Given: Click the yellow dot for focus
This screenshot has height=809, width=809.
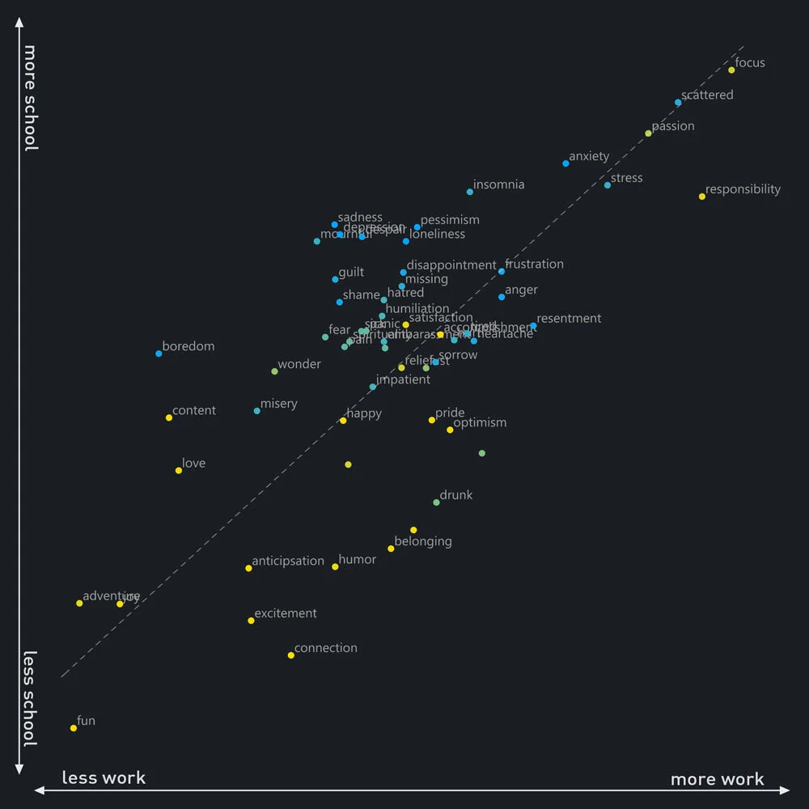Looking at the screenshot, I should (731, 70).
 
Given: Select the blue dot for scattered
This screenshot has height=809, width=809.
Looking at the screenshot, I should (678, 103).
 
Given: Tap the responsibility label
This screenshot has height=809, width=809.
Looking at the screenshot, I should (743, 189).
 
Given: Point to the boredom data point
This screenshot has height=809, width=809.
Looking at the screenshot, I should (159, 354).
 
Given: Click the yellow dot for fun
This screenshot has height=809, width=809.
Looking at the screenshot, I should (74, 728).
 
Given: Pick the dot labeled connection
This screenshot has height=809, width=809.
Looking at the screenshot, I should (291, 655).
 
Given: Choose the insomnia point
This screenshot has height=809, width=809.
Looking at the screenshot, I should (470, 192).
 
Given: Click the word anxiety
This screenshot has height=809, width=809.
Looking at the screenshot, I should (589, 156).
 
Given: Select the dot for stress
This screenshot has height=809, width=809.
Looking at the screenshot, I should (608, 185).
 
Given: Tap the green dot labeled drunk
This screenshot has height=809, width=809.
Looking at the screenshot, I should (436, 502).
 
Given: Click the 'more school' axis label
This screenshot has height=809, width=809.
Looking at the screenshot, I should (30, 98).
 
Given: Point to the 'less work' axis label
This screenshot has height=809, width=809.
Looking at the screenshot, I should (104, 778).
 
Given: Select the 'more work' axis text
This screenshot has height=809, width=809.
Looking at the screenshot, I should (717, 779).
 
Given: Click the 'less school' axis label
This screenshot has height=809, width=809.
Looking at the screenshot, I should (30, 699).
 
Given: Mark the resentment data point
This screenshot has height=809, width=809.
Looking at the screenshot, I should (533, 326).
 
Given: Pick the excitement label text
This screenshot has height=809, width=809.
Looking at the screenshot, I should (286, 613).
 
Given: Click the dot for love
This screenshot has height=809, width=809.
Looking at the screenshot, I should (179, 471).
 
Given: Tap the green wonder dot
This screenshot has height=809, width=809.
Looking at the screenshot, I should (274, 371).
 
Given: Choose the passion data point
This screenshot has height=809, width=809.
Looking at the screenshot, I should (648, 133).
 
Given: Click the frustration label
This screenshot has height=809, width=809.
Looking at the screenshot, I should (534, 264).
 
